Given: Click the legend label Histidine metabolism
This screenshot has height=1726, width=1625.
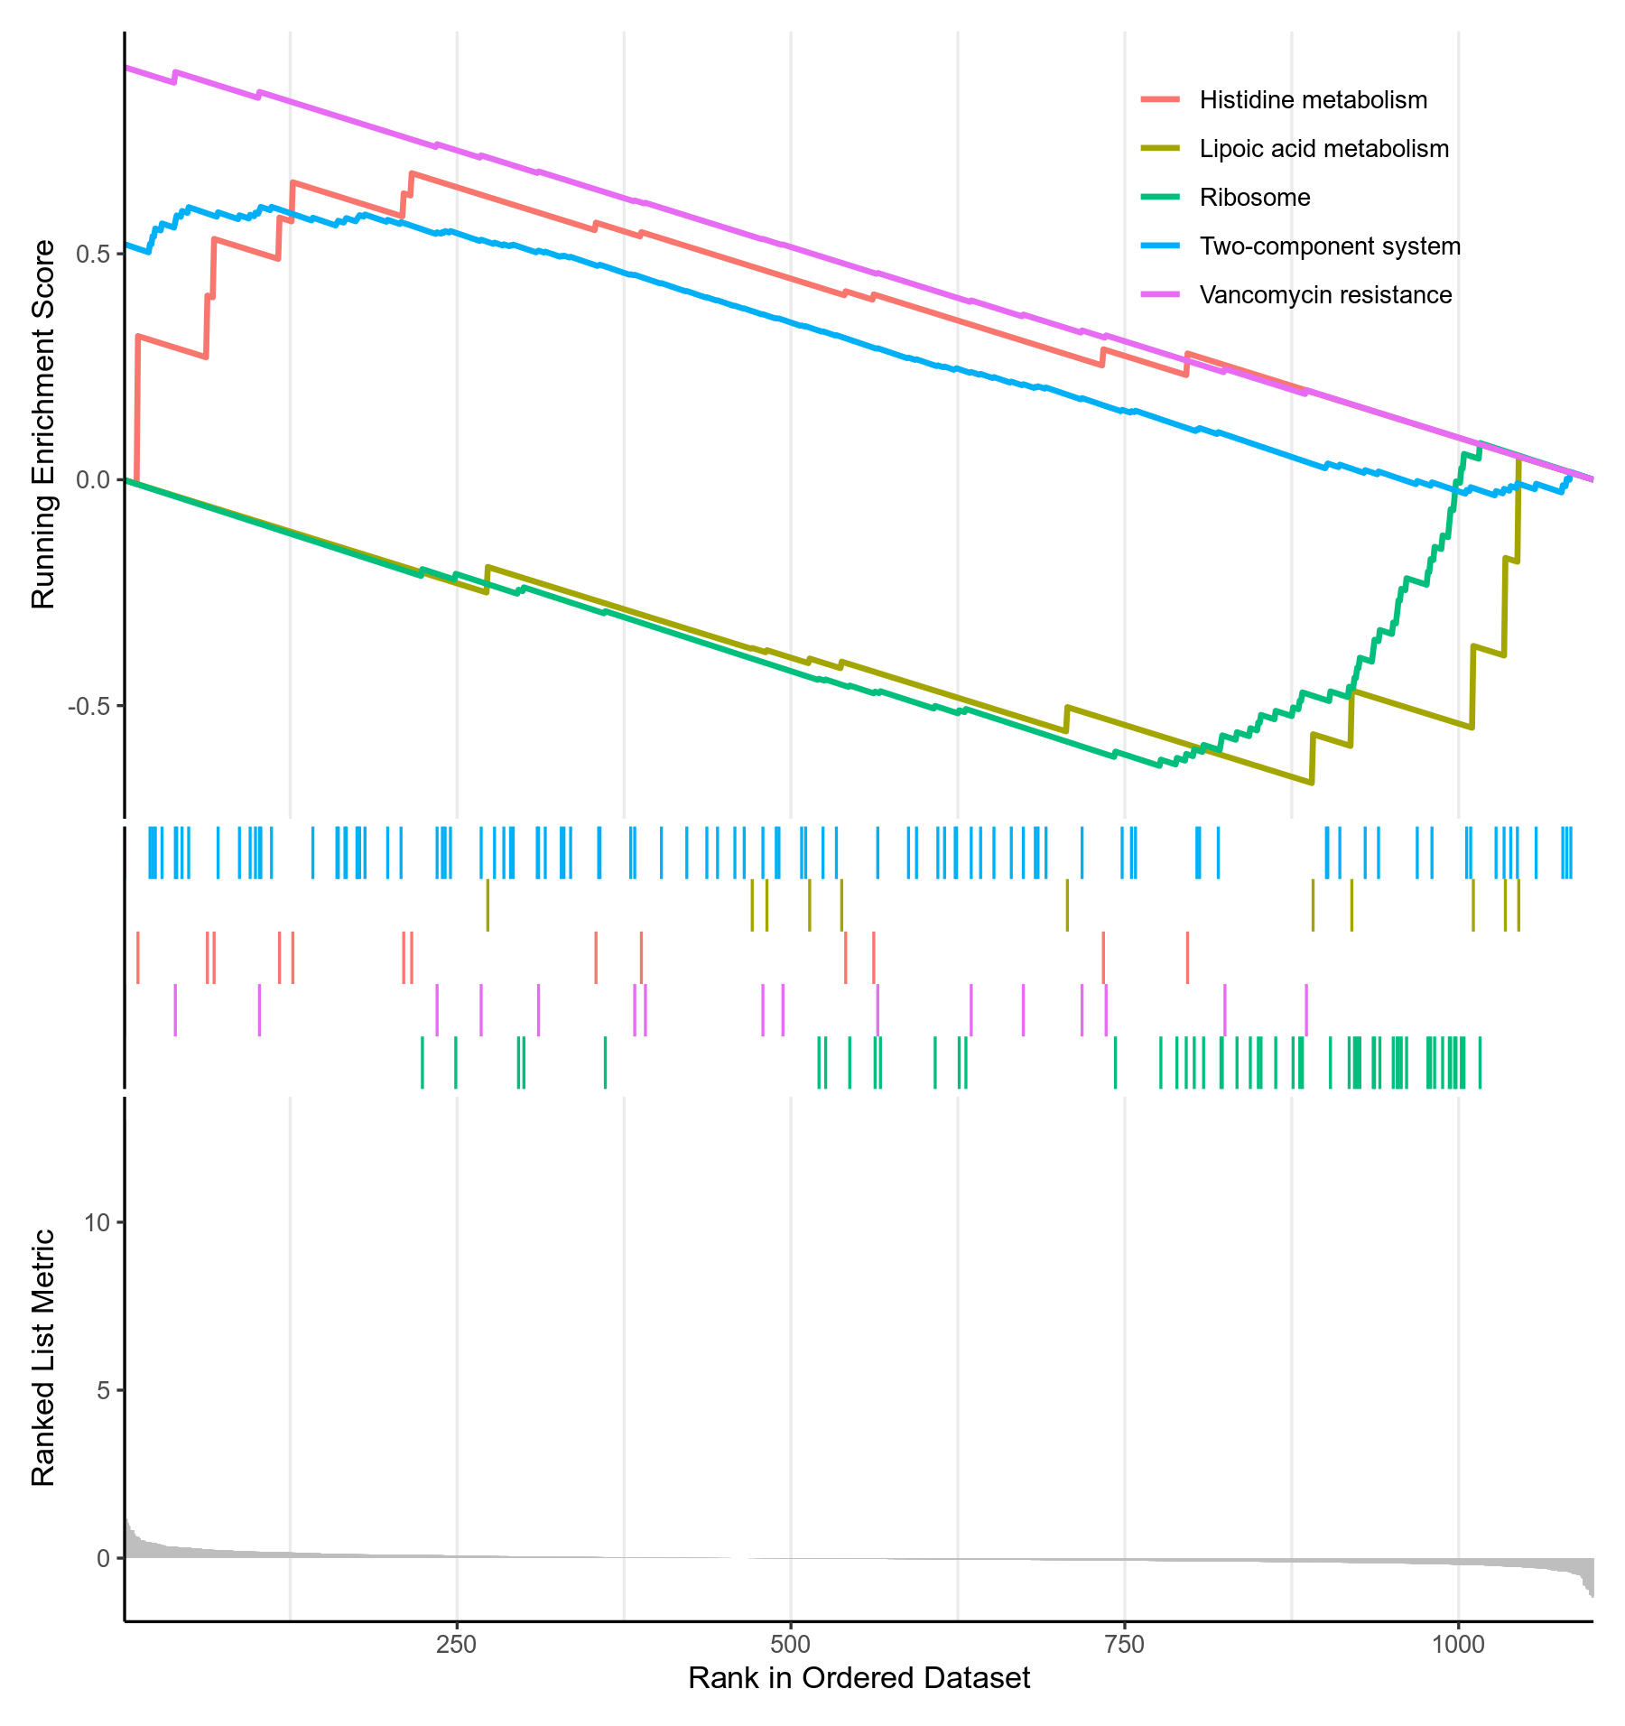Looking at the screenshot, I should [1313, 100].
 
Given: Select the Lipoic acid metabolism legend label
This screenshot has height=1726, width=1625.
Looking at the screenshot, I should [1323, 149].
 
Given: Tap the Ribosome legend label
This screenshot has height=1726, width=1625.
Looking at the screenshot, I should [1254, 198].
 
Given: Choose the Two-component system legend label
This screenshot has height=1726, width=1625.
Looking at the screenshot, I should [1329, 246].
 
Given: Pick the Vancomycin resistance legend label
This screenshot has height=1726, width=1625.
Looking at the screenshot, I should [1325, 295].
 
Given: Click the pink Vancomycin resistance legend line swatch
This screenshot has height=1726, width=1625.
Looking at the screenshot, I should [1160, 295].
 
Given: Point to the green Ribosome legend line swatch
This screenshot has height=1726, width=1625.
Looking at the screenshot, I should [1160, 198].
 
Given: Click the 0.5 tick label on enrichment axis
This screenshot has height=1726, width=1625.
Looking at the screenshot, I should [93, 254].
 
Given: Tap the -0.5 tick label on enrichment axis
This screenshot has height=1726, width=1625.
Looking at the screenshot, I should [88, 706].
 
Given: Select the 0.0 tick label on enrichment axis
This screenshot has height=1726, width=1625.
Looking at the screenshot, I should [93, 480].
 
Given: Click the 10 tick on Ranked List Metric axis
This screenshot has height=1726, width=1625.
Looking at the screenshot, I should [97, 1223].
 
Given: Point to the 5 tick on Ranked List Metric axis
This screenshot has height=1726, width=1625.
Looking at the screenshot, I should [102, 1391].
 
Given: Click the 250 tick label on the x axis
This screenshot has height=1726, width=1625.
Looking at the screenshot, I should [457, 1644].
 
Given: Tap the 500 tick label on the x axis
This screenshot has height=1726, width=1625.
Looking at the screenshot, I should [791, 1644].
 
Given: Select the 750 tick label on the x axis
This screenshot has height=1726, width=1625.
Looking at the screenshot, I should [1125, 1644].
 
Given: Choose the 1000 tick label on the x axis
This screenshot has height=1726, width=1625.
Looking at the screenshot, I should [1458, 1644].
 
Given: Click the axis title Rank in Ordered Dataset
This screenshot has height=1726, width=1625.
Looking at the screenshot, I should [859, 1678].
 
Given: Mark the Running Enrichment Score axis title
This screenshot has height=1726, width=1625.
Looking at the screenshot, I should [43, 424].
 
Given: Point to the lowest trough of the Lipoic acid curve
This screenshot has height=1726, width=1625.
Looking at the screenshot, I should [1311, 783].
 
